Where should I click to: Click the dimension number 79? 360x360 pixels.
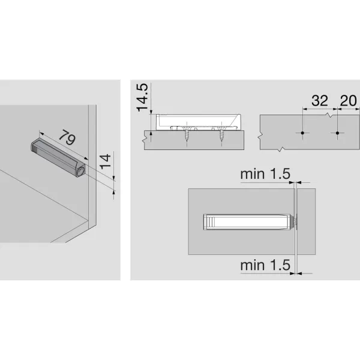67,139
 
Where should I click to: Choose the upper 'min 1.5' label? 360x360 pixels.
265,174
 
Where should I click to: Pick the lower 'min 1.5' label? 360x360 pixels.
265,264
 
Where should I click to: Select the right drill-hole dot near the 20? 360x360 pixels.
338,132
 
